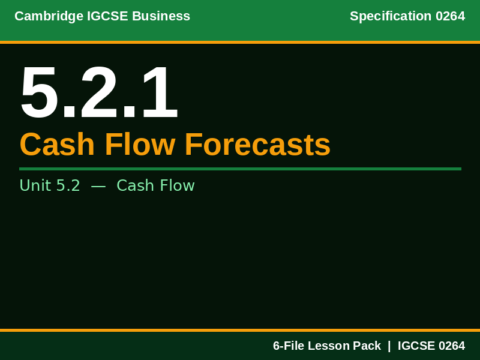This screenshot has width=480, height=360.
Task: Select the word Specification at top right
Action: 391,16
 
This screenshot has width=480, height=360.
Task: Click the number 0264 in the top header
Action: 450,16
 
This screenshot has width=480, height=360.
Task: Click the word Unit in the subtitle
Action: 35,186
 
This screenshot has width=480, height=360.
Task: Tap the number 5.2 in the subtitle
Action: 68,186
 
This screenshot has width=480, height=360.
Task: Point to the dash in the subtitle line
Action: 98,187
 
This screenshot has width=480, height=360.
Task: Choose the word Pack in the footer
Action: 367,346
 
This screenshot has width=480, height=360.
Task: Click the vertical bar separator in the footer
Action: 389,346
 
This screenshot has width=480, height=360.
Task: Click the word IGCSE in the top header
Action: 107,16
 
